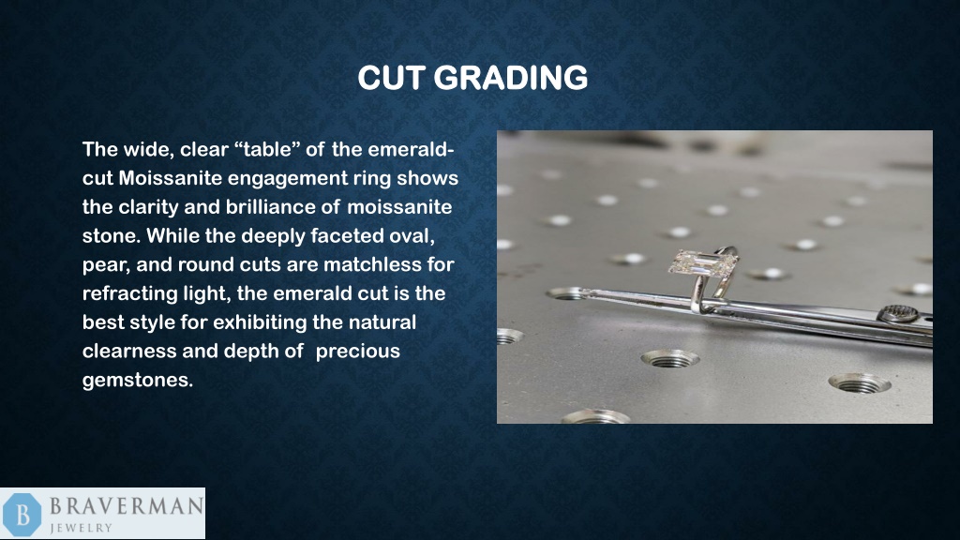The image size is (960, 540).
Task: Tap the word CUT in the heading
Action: click(x=394, y=77)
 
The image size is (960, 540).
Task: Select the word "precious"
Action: click(x=357, y=352)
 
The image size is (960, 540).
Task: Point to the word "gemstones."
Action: click(x=137, y=381)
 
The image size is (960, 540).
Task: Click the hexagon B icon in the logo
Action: click(x=22, y=514)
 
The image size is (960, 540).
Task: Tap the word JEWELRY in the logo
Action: click(x=82, y=528)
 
